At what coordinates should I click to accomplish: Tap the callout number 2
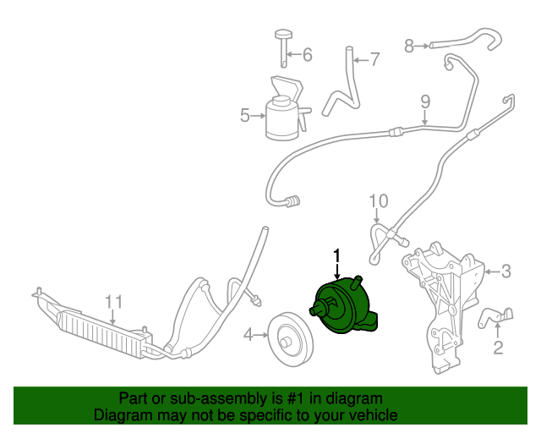point(498,347)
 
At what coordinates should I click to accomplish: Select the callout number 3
point(505,271)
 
